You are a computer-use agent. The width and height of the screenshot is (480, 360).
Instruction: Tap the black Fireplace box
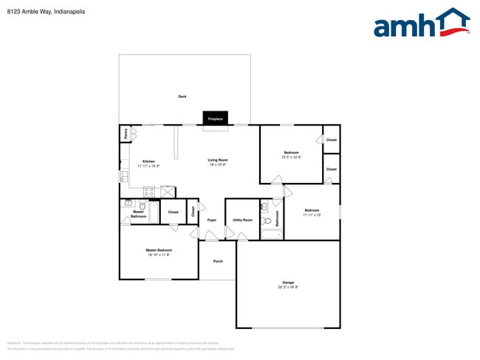(x=215, y=119)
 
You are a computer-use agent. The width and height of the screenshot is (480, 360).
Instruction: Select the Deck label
(x=182, y=97)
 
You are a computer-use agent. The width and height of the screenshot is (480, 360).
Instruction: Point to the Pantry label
(x=126, y=134)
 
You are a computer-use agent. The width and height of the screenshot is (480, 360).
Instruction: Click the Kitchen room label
(x=148, y=161)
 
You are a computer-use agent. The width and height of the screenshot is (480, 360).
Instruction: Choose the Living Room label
(x=217, y=160)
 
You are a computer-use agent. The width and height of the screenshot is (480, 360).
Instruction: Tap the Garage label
(x=288, y=282)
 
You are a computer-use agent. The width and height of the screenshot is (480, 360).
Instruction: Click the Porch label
(x=218, y=261)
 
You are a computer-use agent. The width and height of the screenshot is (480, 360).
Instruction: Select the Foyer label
(x=212, y=220)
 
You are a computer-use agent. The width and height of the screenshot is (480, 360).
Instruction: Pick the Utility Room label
(x=242, y=220)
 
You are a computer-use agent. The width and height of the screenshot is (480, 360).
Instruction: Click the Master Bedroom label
(x=159, y=250)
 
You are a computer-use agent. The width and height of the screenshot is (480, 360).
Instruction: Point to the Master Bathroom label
(x=138, y=214)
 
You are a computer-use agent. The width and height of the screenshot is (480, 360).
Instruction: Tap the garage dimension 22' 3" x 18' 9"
(x=288, y=287)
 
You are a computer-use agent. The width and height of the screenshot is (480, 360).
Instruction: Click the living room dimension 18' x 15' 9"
(x=217, y=165)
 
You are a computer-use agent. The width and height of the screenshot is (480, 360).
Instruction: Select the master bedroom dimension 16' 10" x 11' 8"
(x=159, y=255)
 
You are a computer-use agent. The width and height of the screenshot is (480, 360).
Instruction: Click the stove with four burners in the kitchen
(x=149, y=192)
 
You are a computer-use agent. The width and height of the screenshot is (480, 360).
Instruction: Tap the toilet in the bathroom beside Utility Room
(x=267, y=219)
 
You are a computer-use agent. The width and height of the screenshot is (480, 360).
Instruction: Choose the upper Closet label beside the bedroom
(x=332, y=139)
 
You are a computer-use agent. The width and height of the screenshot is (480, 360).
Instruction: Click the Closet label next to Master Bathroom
(x=173, y=212)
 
